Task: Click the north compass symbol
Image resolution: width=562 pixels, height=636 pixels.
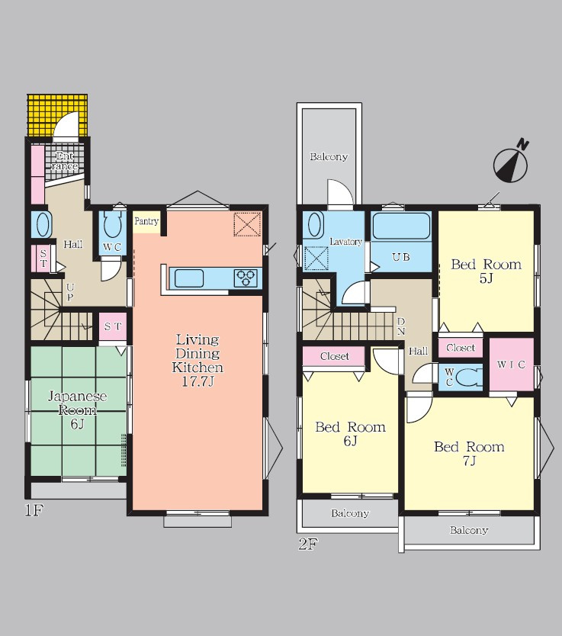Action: (511, 162)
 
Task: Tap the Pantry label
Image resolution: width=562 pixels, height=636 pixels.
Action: (146, 221)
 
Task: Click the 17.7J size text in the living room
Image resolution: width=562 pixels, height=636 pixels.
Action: (198, 382)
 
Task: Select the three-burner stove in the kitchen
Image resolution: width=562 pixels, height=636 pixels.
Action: (246, 278)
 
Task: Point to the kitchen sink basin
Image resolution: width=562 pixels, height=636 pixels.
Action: (189, 278)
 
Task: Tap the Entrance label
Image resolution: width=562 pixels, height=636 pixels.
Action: (65, 161)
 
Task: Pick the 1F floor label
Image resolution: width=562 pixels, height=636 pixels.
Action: (34, 510)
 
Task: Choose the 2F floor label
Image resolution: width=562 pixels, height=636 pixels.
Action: (308, 544)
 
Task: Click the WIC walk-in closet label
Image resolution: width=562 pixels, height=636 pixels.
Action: (512, 365)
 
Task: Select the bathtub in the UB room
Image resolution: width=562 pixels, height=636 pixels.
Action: (401, 226)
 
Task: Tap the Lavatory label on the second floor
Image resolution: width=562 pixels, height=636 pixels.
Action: (346, 242)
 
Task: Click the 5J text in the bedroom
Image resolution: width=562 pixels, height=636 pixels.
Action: (487, 278)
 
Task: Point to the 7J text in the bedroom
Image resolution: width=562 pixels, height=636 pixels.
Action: (469, 461)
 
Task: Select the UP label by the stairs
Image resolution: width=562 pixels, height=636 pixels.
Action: (70, 292)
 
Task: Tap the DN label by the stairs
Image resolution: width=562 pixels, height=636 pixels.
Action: (400, 326)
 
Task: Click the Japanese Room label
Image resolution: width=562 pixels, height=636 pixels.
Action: (78, 403)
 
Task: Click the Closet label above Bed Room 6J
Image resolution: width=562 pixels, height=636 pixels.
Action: (335, 357)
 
